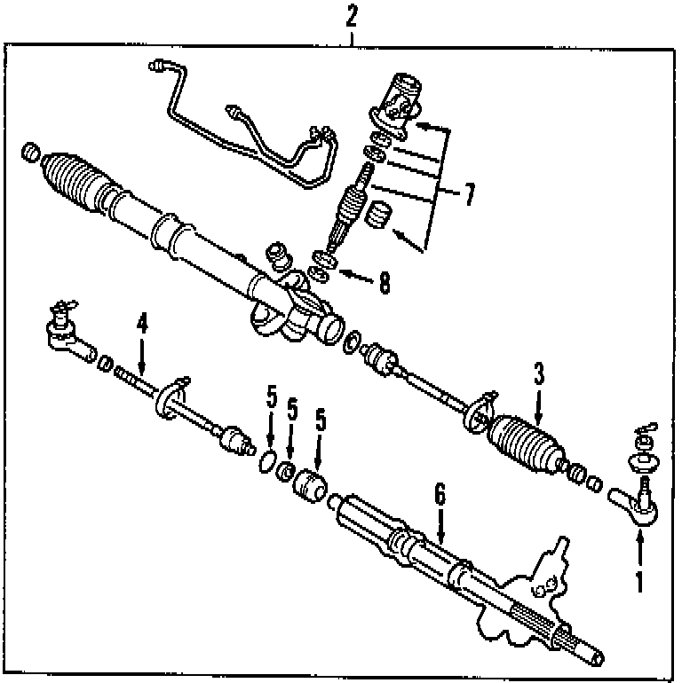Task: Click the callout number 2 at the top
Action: pos(353,14)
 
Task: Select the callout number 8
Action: pos(384,284)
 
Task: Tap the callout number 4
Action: pos(142,325)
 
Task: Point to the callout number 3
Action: pos(538,373)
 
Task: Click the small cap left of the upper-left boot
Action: pos(32,153)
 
